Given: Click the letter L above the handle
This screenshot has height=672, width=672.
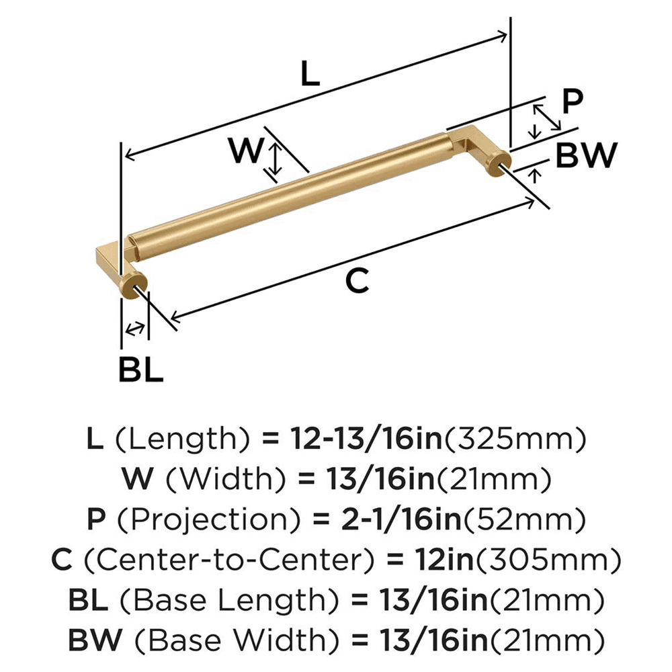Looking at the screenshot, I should click(x=308, y=74).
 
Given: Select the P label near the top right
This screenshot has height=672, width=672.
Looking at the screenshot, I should click(x=572, y=102).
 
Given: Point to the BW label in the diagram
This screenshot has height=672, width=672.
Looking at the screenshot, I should click(x=586, y=157).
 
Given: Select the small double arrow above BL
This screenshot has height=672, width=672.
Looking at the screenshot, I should click(x=135, y=329).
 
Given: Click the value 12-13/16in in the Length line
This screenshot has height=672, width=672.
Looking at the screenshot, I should click(x=366, y=440).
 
